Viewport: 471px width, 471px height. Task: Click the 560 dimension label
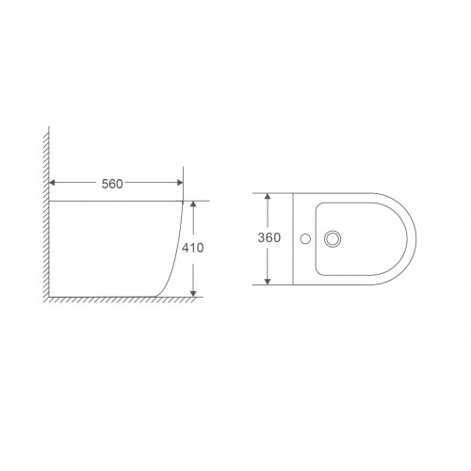click(112, 184)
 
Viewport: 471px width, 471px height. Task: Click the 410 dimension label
click(193, 248)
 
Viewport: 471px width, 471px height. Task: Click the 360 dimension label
click(269, 237)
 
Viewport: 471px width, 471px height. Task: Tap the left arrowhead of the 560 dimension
click(52, 183)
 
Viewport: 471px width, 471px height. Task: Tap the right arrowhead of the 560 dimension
click(180, 183)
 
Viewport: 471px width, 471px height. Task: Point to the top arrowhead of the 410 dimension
click(193, 203)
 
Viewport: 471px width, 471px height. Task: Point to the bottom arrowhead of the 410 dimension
click(193, 294)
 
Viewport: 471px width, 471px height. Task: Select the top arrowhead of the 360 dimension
click(268, 196)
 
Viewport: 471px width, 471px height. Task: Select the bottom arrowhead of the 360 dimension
click(268, 282)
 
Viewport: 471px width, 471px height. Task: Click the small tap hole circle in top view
click(305, 239)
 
